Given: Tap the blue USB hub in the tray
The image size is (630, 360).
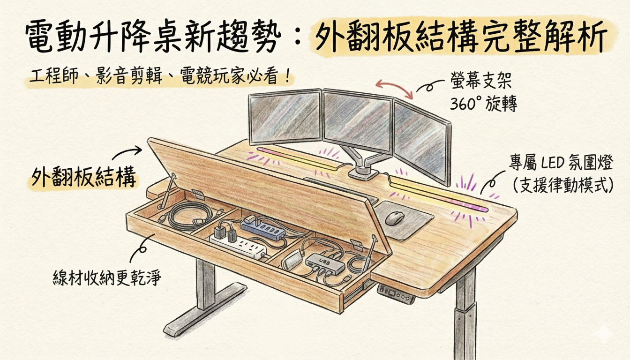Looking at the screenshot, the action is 263,227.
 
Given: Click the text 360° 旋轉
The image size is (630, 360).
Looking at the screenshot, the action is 483,104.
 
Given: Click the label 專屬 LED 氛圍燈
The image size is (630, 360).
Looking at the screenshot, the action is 560,164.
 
